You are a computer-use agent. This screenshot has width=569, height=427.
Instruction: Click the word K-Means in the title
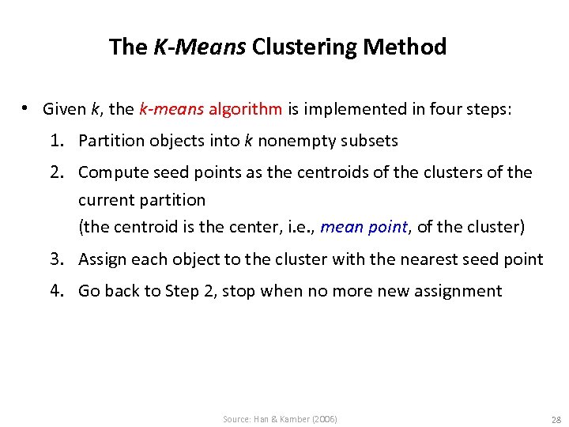(199, 47)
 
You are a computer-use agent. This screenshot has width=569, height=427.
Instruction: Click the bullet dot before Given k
(26, 108)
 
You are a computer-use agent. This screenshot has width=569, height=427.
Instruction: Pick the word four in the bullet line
(428, 109)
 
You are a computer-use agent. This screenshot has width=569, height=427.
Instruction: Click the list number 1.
(56, 141)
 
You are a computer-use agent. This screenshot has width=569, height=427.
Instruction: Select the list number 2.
(56, 172)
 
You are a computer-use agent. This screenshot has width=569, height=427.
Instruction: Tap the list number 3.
(56, 259)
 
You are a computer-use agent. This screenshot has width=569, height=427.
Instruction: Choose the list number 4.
(56, 291)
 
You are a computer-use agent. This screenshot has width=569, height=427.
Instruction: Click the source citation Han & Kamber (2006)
(280, 419)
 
